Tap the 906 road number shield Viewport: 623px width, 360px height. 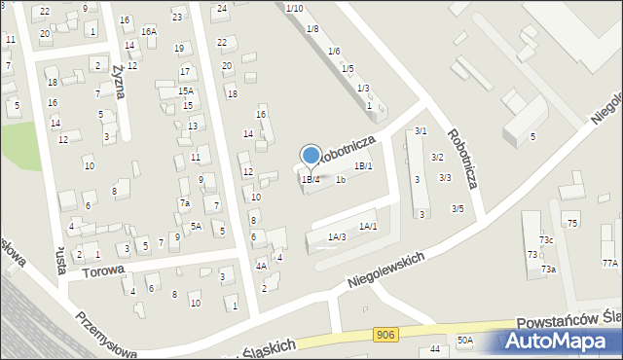(385, 335)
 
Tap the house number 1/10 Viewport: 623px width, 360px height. (295, 8)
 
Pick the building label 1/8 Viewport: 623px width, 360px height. (312, 29)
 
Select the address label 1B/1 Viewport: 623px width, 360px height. (363, 166)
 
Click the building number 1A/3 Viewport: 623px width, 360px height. (337, 236)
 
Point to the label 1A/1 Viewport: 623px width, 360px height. (368, 226)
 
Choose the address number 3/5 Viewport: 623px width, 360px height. (458, 208)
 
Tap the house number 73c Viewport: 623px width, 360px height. (546, 240)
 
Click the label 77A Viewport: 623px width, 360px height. (609, 264)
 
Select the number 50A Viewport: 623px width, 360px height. (465, 340)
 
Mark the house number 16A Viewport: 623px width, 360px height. (148, 32)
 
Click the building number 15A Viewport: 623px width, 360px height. (185, 90)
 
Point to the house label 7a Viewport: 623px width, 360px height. (184, 203)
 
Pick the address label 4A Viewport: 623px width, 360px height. (261, 266)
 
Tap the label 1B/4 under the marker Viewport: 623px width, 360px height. (311, 179)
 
